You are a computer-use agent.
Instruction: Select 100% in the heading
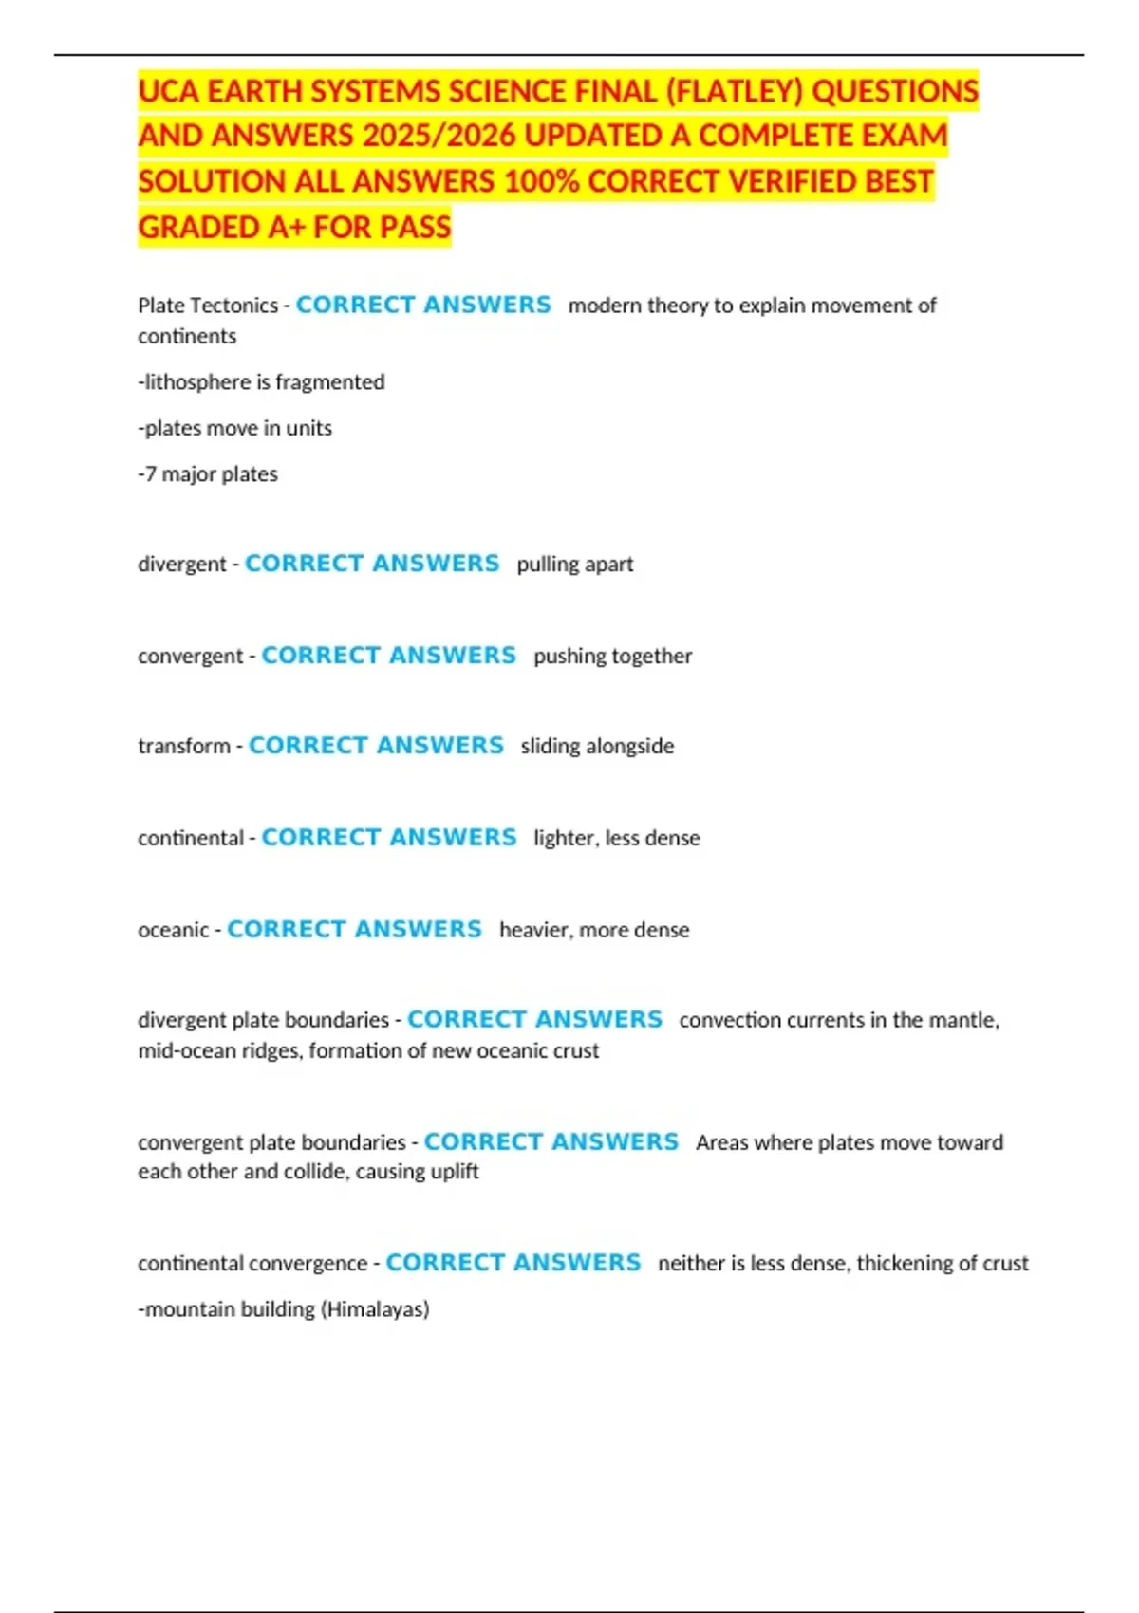(541, 181)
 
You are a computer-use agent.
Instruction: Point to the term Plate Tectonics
(208, 306)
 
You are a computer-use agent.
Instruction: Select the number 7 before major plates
(150, 474)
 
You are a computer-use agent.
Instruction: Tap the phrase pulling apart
(574, 565)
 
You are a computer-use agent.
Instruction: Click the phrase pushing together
(612, 657)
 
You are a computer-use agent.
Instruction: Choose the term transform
(184, 747)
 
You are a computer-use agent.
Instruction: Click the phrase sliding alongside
(597, 747)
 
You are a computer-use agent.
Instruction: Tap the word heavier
(534, 930)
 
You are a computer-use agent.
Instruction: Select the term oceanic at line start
(173, 930)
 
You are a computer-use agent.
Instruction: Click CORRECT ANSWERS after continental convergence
(513, 1263)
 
